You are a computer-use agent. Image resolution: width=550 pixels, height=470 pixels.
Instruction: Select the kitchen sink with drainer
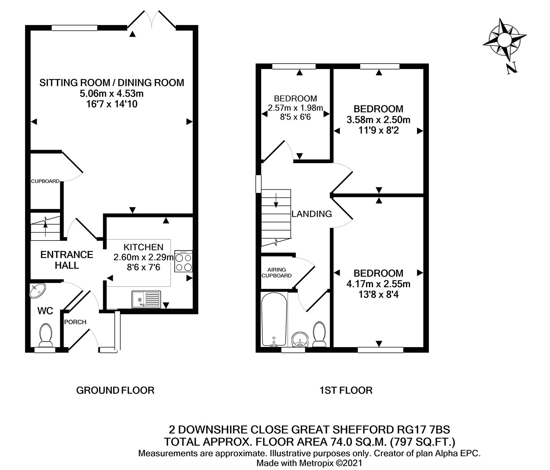146,299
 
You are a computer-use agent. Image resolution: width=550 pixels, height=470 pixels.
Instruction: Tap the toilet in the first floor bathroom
320,334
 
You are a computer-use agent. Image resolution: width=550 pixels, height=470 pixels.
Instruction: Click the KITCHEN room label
143,247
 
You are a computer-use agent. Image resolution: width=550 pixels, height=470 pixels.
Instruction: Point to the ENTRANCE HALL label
67,260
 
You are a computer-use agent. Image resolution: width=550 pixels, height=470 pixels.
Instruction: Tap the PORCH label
75,322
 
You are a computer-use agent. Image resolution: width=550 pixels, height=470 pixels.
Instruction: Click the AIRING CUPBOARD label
277,272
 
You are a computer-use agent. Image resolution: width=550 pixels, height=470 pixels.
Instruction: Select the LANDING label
311,214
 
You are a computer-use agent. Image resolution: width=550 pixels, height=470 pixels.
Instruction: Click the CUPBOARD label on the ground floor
45,181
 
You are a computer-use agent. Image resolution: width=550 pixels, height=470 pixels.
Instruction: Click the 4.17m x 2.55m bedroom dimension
378,284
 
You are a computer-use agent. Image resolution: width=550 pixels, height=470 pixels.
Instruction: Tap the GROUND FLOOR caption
115,390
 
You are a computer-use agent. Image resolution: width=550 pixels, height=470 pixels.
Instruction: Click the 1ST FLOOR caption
346,390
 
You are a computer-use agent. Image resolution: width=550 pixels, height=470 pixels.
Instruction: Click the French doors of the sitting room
152,20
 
